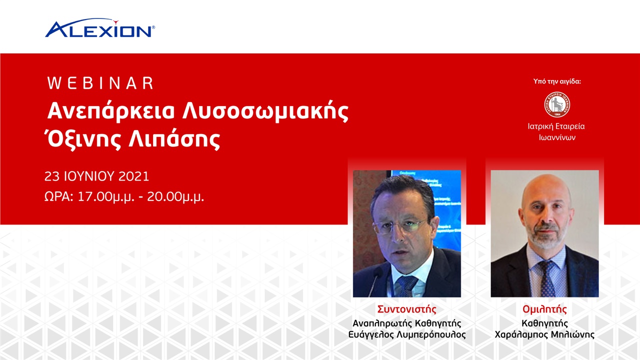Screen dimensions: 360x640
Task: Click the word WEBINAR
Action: click(100, 83)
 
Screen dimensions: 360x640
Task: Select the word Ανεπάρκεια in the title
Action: click(110, 111)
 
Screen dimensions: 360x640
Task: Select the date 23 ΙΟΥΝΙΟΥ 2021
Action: click(96, 176)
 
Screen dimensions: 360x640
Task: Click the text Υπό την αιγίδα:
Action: click(557, 81)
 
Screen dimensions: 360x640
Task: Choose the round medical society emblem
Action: click(557, 104)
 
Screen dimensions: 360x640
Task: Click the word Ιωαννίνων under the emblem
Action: click(557, 137)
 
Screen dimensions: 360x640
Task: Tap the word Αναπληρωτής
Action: click(378, 322)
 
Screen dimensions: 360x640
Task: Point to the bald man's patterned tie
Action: click(546, 277)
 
